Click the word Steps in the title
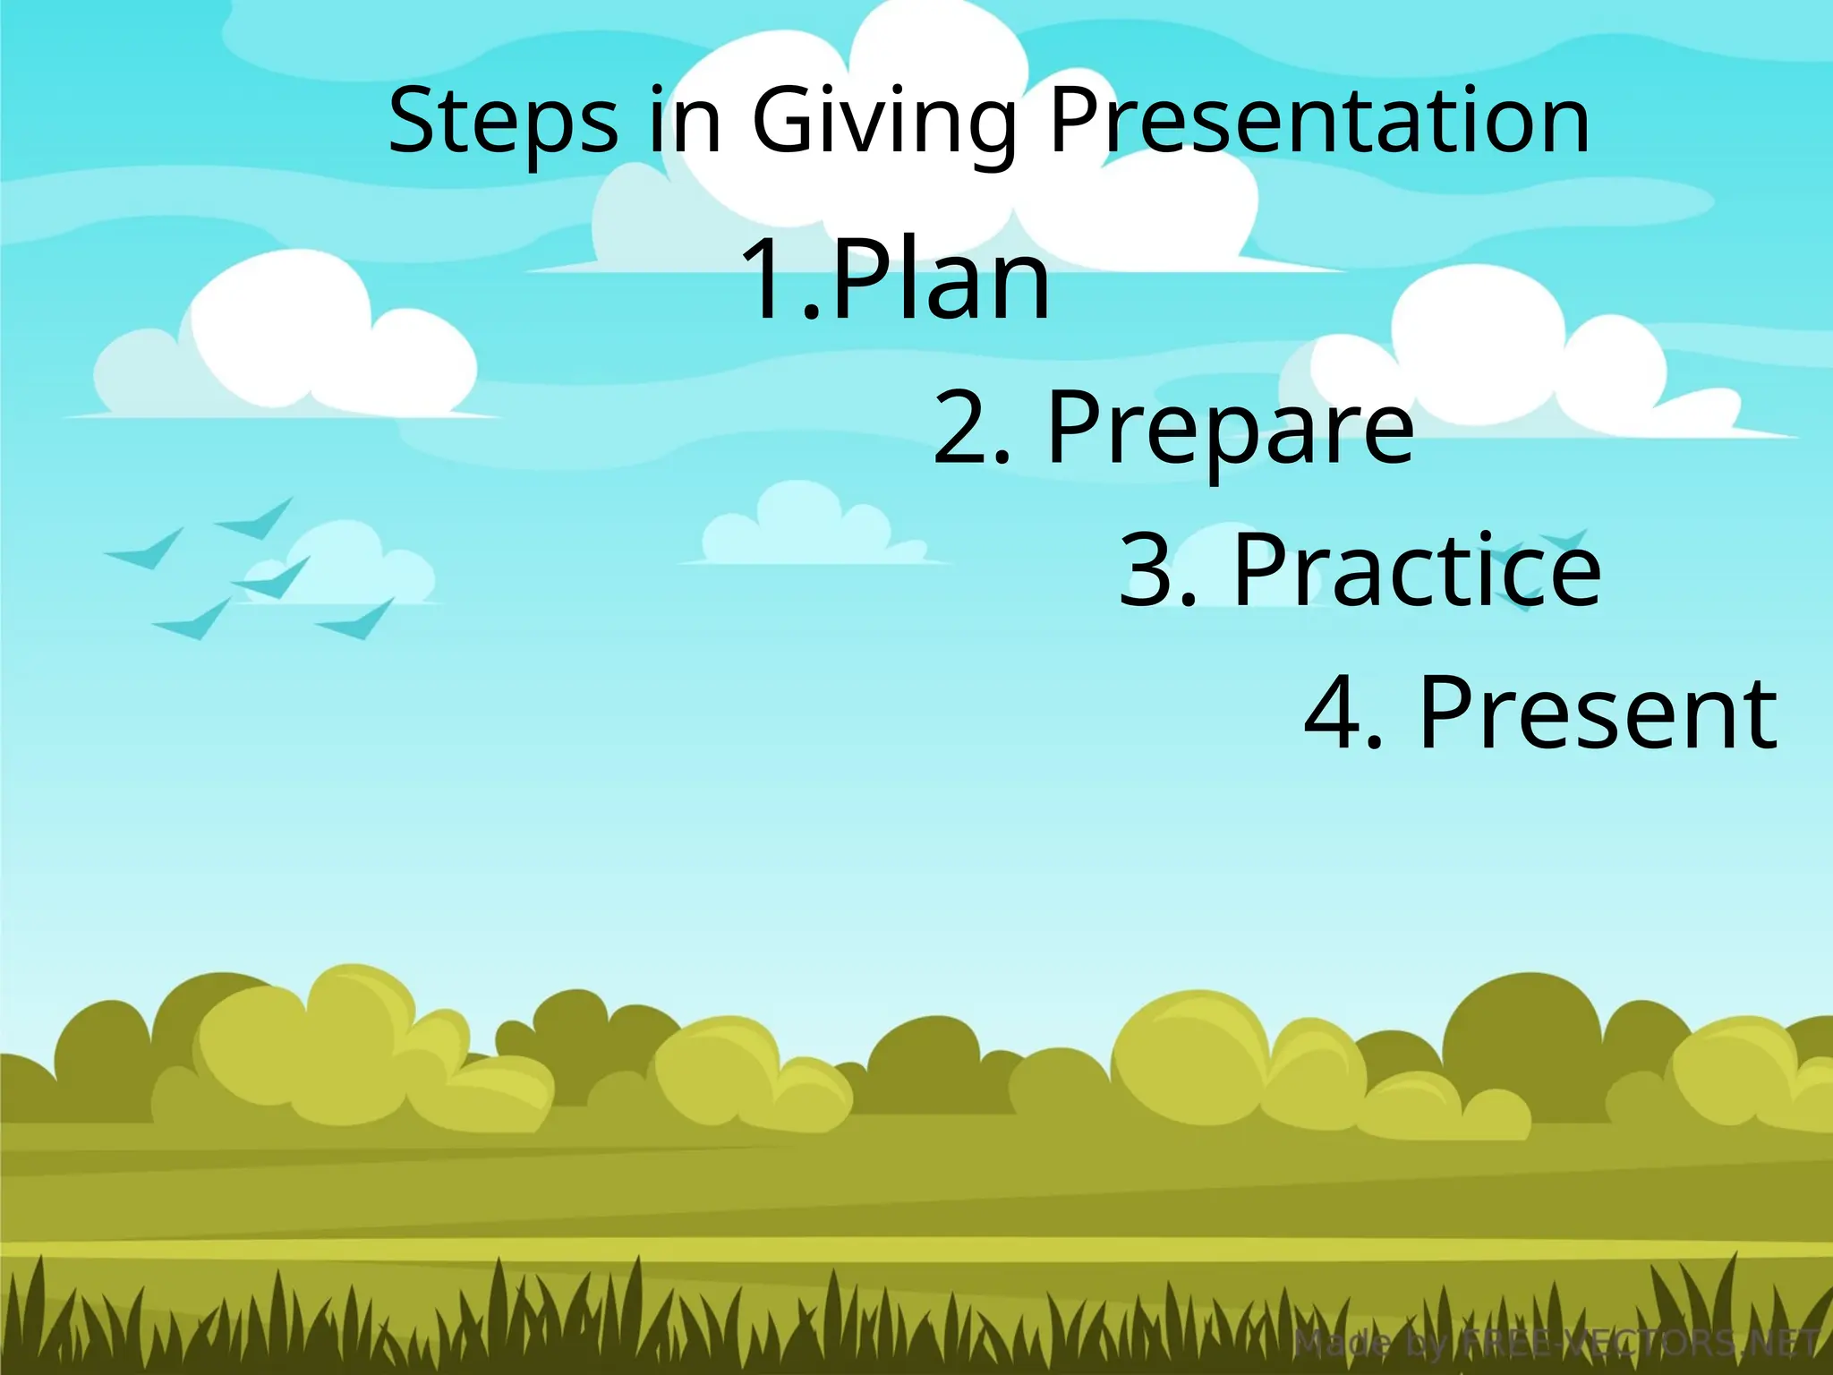tap(502, 121)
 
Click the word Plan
tap(941, 278)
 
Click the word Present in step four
tap(1599, 713)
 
